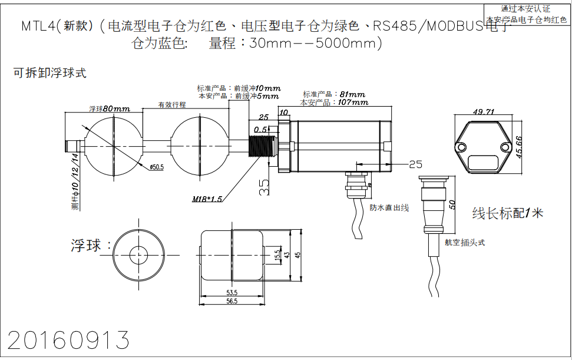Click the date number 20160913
[x=68, y=341]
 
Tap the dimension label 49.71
[x=483, y=112]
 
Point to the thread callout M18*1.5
[x=207, y=199]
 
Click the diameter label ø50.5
[x=156, y=167]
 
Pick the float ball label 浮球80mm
[x=110, y=109]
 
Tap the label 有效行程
[x=171, y=105]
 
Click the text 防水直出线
[x=389, y=208]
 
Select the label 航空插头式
[x=465, y=242]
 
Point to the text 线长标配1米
[x=507, y=213]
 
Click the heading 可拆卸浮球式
[x=50, y=73]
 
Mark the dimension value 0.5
[x=260, y=130]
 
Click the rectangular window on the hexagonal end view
[x=482, y=160]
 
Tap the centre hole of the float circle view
[x=139, y=255]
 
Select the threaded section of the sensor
[x=259, y=146]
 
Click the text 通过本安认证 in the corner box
[x=525, y=9]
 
